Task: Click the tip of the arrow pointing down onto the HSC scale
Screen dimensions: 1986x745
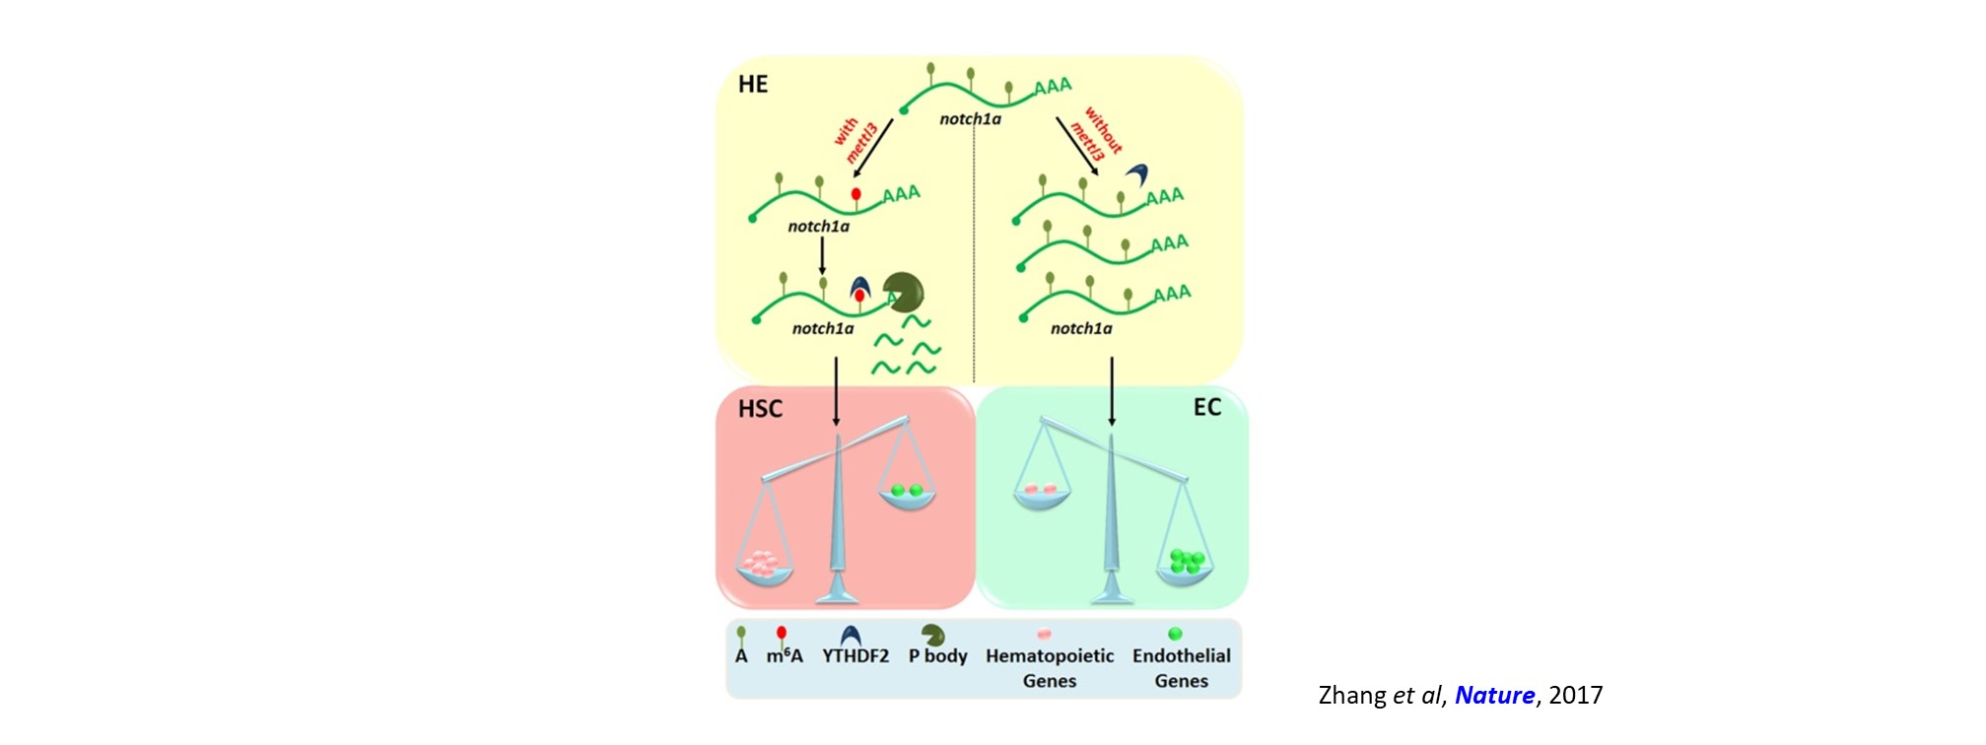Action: (x=837, y=426)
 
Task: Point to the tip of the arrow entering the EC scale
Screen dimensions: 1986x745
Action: (x=1112, y=426)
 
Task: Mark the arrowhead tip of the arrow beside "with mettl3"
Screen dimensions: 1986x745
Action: (x=854, y=177)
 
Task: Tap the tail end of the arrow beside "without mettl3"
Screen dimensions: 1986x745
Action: (x=1057, y=118)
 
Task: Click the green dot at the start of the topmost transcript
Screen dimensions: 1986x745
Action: (x=904, y=110)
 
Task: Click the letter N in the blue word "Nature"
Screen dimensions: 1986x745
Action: (x=1464, y=696)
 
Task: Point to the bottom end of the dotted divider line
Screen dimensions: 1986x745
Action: (x=974, y=382)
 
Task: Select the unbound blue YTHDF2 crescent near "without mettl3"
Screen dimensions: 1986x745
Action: (x=1137, y=175)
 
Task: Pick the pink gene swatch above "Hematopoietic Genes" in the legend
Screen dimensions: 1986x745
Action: (x=1045, y=634)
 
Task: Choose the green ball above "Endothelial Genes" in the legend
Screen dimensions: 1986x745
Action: (x=1174, y=634)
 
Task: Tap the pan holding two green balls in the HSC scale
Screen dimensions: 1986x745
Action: (x=907, y=497)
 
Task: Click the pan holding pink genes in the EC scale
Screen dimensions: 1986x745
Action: (x=1042, y=496)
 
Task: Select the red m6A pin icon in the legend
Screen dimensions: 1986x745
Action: (x=782, y=635)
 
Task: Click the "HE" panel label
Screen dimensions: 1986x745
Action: (x=753, y=84)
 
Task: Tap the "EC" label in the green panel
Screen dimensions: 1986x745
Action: (x=1207, y=407)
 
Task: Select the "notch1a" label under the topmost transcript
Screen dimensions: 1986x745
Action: (x=970, y=119)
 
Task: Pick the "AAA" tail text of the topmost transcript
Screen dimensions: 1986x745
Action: (x=1053, y=87)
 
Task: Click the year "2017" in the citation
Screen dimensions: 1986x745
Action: (x=1575, y=696)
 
